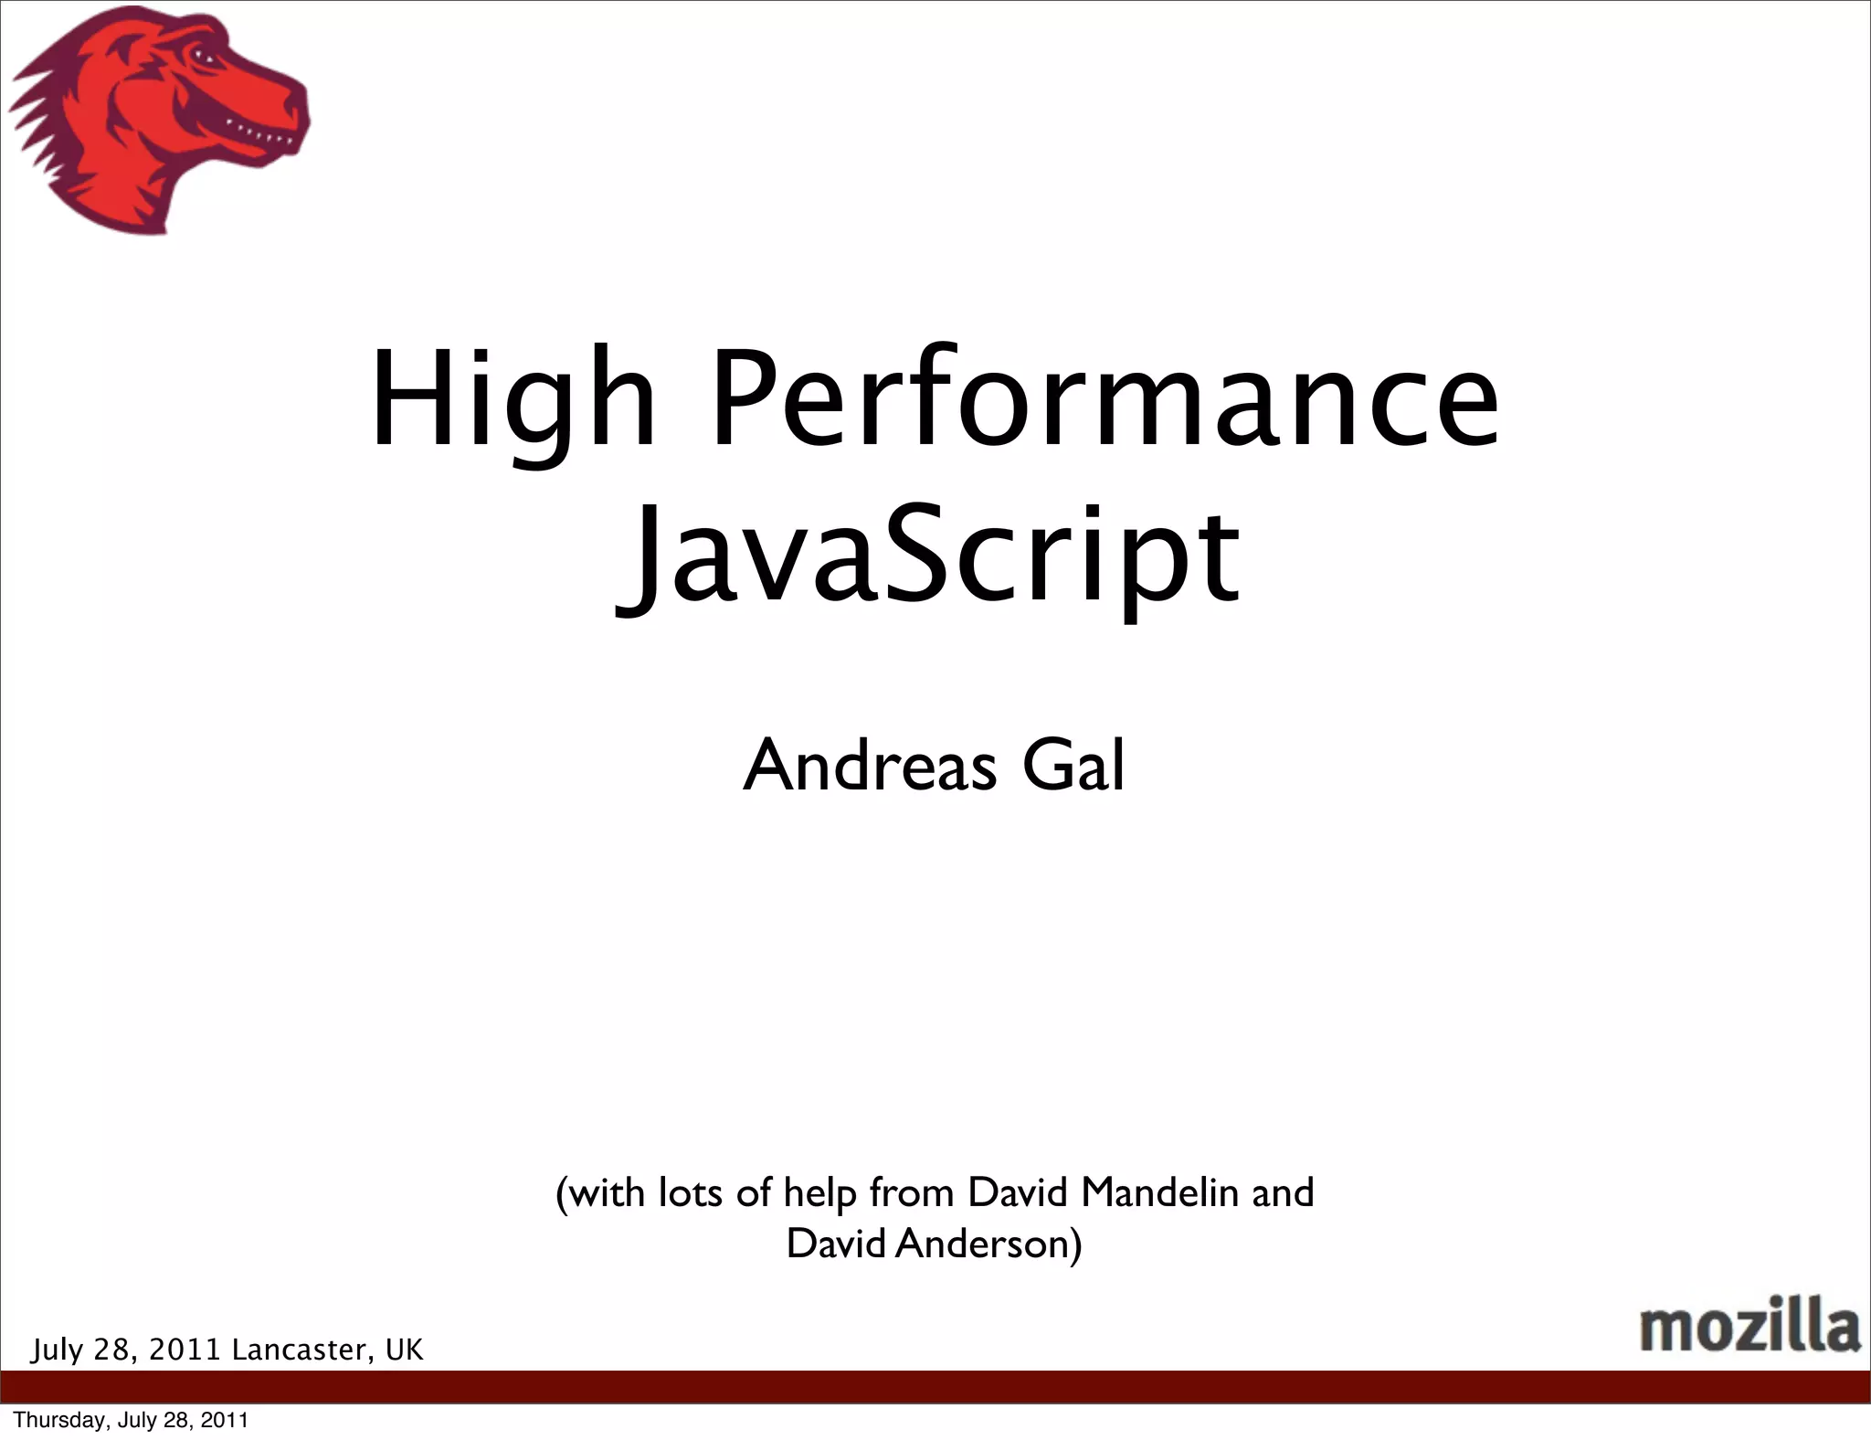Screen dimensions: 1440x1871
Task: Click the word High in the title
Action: tap(513, 402)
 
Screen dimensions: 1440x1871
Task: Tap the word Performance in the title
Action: tap(1105, 402)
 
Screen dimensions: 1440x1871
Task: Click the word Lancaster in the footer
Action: tap(302, 1350)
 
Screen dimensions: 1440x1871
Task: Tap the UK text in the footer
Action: tap(405, 1350)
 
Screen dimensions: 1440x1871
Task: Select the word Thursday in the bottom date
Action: tap(49, 1420)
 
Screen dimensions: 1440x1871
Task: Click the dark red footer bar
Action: tap(935, 1386)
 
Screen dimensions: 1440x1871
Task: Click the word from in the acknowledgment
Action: tap(914, 1192)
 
